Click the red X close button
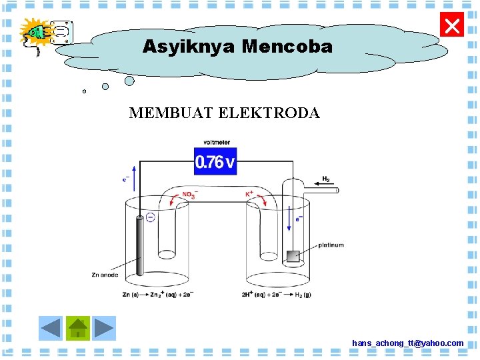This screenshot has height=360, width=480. (x=452, y=27)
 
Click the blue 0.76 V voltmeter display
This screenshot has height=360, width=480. (x=215, y=162)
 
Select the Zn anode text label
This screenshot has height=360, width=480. (x=105, y=275)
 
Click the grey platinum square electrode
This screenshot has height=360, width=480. (x=292, y=256)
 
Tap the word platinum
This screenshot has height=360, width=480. (x=331, y=245)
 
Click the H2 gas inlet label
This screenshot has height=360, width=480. (x=326, y=179)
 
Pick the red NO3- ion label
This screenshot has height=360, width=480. (x=189, y=195)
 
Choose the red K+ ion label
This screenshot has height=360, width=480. (x=250, y=194)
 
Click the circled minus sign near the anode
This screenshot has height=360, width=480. (x=151, y=217)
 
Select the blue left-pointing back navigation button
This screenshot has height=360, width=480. (x=51, y=328)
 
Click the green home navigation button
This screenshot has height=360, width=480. (x=78, y=328)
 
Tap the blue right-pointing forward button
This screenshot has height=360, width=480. (x=104, y=328)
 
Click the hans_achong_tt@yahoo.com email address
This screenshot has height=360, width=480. (x=407, y=343)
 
